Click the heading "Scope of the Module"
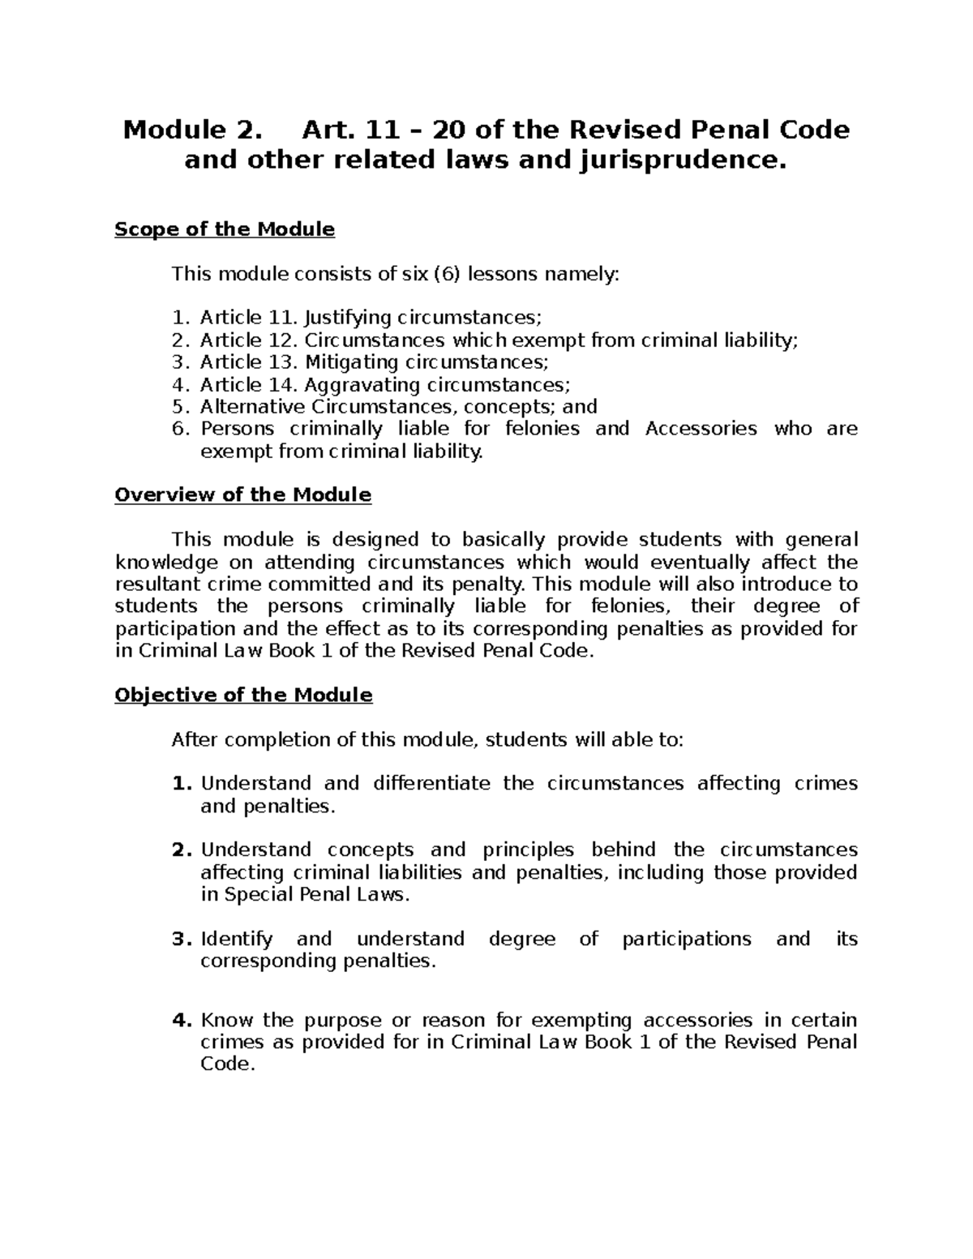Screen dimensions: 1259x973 [x=225, y=229]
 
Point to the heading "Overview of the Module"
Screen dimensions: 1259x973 [x=243, y=495]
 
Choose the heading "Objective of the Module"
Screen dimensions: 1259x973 [x=243, y=695]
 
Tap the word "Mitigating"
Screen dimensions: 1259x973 [x=351, y=362]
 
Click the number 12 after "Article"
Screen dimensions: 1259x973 [x=281, y=340]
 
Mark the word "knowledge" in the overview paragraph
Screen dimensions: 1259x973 [x=166, y=562]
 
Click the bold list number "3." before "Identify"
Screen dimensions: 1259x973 [x=181, y=939]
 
